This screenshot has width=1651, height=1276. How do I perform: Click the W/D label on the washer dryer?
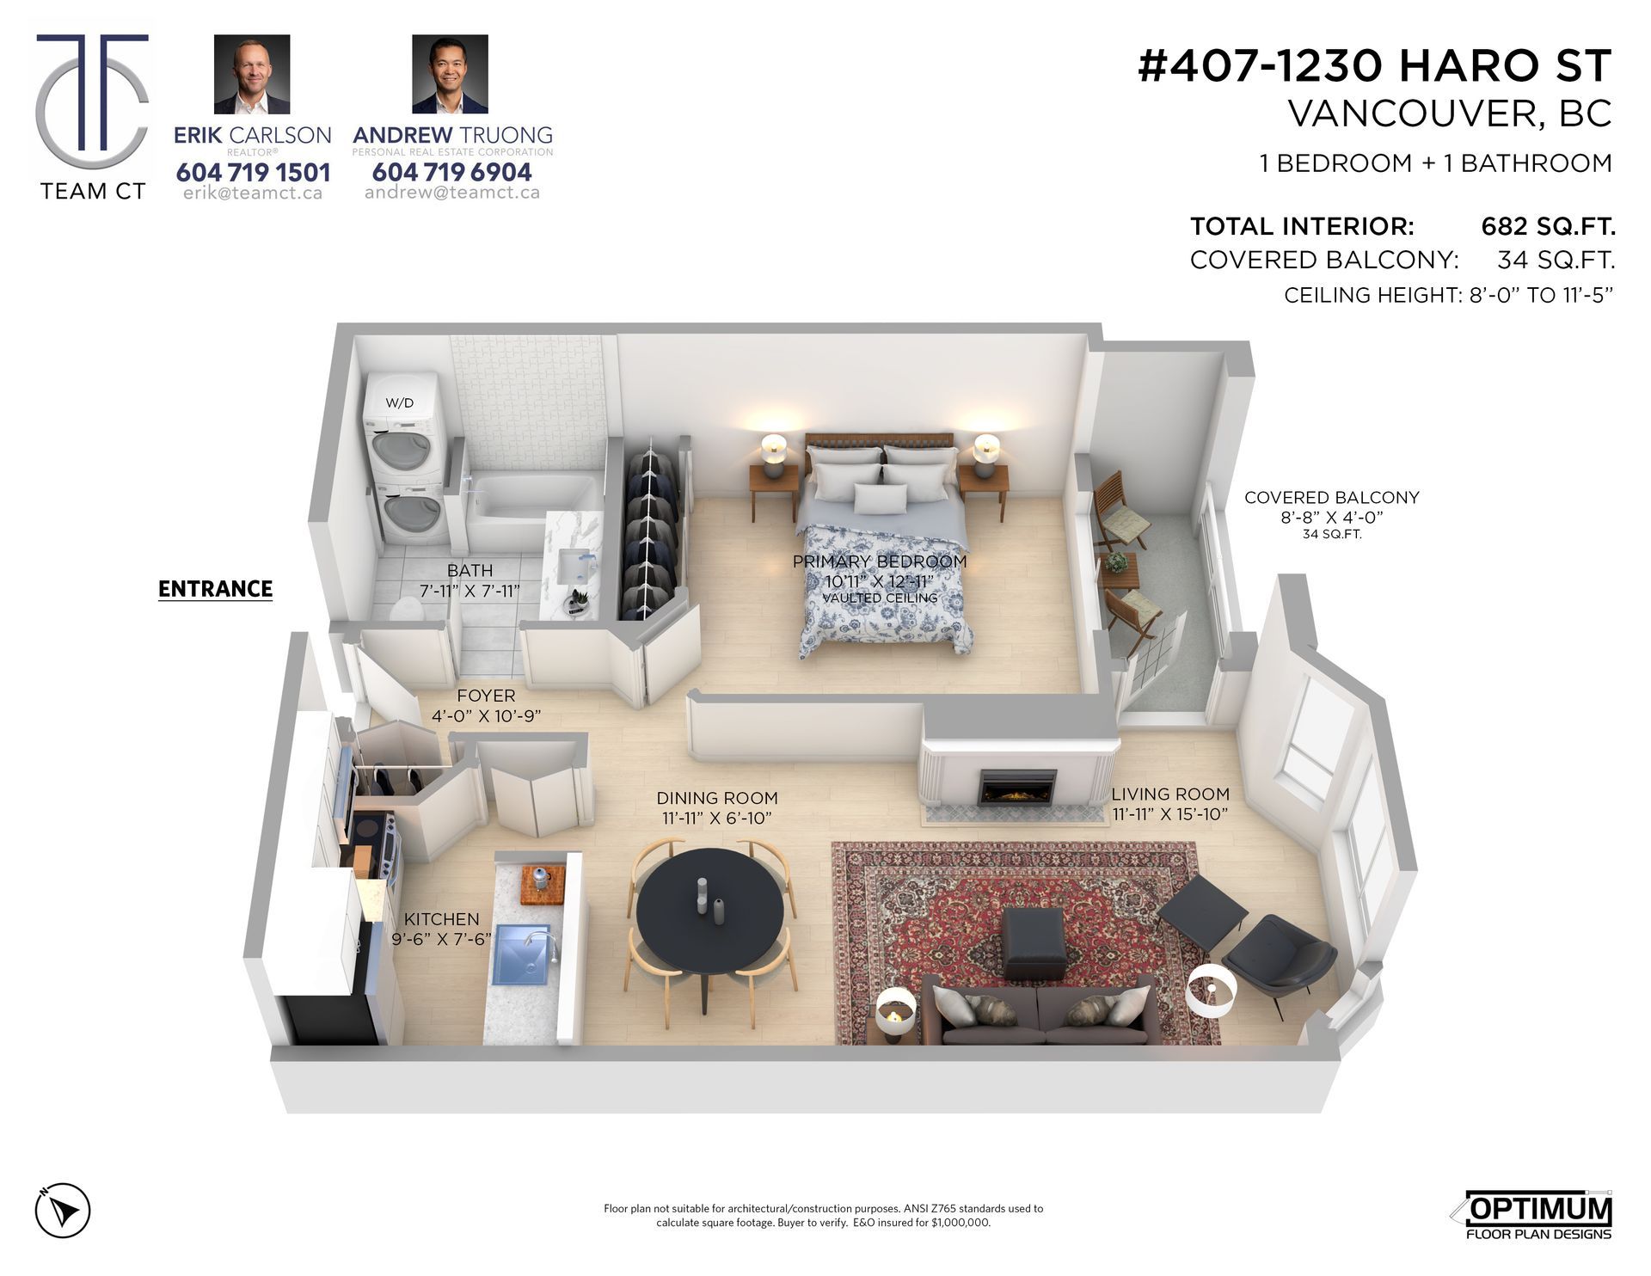[399, 402]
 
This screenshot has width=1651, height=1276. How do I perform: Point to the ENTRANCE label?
[215, 589]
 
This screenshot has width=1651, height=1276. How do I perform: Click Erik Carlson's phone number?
[253, 172]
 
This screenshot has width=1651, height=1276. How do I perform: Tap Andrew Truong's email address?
[452, 193]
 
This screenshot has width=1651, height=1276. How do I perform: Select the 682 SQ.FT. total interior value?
[1548, 226]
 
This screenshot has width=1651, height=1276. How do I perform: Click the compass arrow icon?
[63, 1211]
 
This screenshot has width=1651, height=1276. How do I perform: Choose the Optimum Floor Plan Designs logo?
[1532, 1216]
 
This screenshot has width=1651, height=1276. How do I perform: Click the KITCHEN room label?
[441, 919]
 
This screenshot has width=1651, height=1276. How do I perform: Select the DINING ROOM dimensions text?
[716, 818]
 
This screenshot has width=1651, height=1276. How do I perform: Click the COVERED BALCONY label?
[1331, 497]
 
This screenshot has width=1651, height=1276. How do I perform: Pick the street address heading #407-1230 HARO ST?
[1374, 65]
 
